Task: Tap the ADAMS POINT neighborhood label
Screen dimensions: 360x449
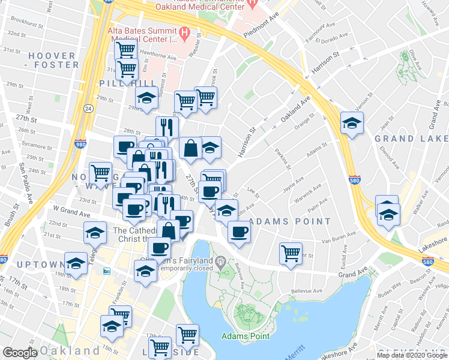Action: (x=289, y=221)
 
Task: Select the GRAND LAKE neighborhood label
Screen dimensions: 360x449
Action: (x=411, y=139)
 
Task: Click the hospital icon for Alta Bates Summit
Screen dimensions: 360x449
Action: (x=184, y=31)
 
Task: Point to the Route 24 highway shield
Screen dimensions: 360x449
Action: (x=88, y=109)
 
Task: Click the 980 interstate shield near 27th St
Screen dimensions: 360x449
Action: (x=80, y=144)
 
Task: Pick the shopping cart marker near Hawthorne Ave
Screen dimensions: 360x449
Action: (x=125, y=49)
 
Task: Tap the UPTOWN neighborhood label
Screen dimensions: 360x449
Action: (x=23, y=265)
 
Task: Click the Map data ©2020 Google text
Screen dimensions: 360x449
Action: (x=412, y=355)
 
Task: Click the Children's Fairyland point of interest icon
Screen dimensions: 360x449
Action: (x=220, y=261)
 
